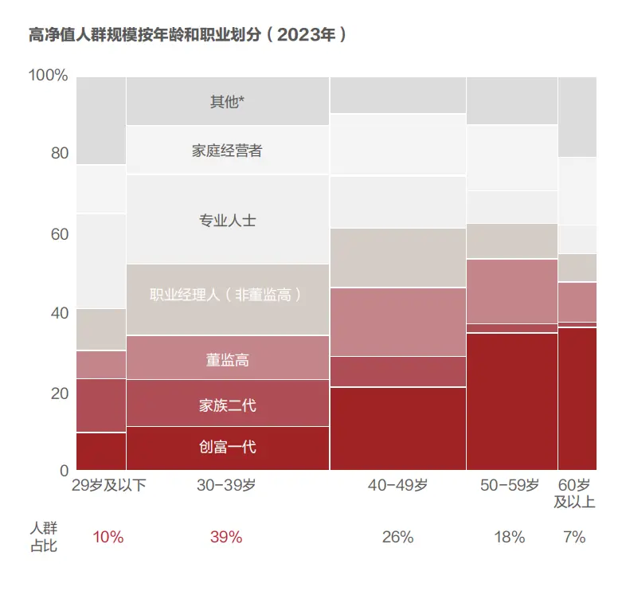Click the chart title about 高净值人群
[186, 35]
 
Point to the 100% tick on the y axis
[49, 76]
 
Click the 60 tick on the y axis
[58, 234]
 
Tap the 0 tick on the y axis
[64, 470]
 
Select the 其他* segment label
[227, 101]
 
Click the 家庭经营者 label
[227, 151]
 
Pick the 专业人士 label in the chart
[227, 220]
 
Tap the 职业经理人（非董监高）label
[227, 296]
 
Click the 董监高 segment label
[227, 360]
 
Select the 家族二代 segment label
[227, 405]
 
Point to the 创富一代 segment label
[227, 447]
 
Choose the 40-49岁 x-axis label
[397, 486]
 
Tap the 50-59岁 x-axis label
[511, 486]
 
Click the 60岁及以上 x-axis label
[574, 494]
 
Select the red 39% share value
[226, 538]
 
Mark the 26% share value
[397, 538]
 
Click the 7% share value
[574, 538]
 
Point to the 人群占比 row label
[44, 538]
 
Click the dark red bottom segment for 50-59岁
[511, 401]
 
